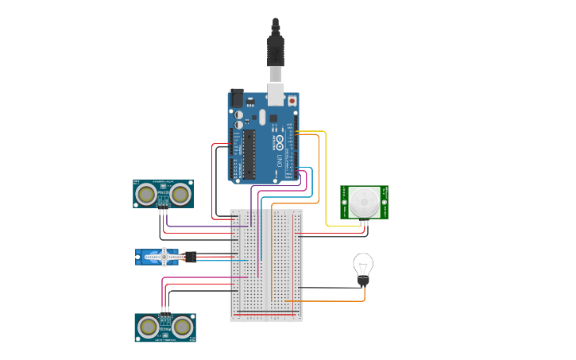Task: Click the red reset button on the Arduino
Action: [x=292, y=101]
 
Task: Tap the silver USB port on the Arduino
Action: [x=275, y=95]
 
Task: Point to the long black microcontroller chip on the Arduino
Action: [x=249, y=153]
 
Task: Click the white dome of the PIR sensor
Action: [x=365, y=202]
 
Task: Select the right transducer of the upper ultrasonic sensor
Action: [x=181, y=193]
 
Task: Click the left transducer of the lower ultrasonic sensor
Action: [x=147, y=326]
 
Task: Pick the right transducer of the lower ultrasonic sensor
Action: [x=184, y=326]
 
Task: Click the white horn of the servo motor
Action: [x=164, y=256]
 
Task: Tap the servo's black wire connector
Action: [x=191, y=257]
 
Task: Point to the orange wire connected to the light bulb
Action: [x=334, y=300]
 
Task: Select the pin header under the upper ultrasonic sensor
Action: [x=163, y=211]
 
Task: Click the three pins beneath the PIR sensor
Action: [x=365, y=222]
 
